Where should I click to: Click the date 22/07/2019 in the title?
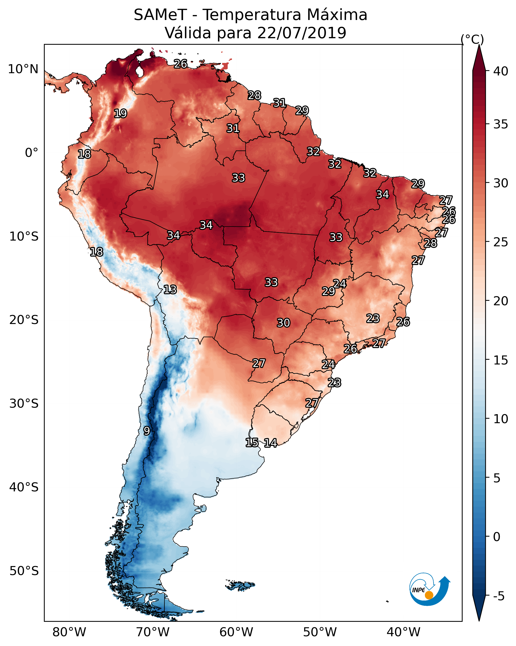click(301, 33)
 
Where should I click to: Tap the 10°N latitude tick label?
click(23, 69)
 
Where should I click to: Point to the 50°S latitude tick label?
click(24, 571)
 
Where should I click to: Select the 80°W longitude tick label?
click(69, 632)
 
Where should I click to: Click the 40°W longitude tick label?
click(403, 632)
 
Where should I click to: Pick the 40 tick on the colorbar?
click(501, 71)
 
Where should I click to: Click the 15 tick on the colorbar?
click(501, 360)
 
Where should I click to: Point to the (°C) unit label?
click(472, 39)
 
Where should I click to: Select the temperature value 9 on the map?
click(147, 431)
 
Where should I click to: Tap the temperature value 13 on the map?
click(170, 290)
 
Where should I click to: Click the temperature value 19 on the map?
click(120, 114)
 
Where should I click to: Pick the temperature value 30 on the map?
click(283, 323)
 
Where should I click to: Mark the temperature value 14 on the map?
click(270, 443)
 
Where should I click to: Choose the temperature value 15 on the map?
click(252, 443)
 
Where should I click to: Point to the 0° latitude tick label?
click(31, 153)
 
